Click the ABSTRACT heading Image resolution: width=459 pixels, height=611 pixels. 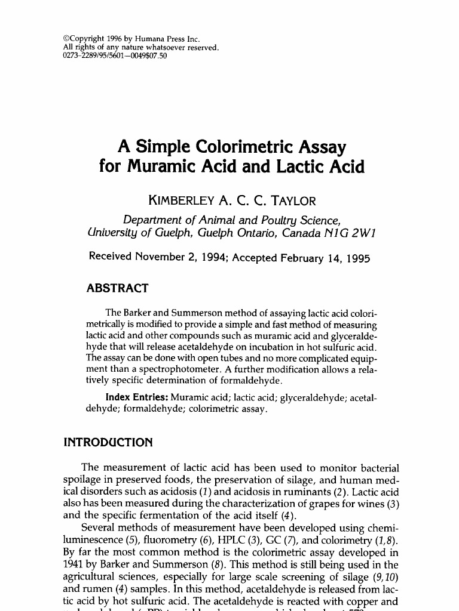tap(117, 289)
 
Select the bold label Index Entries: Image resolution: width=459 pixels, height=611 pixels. tap(136, 397)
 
